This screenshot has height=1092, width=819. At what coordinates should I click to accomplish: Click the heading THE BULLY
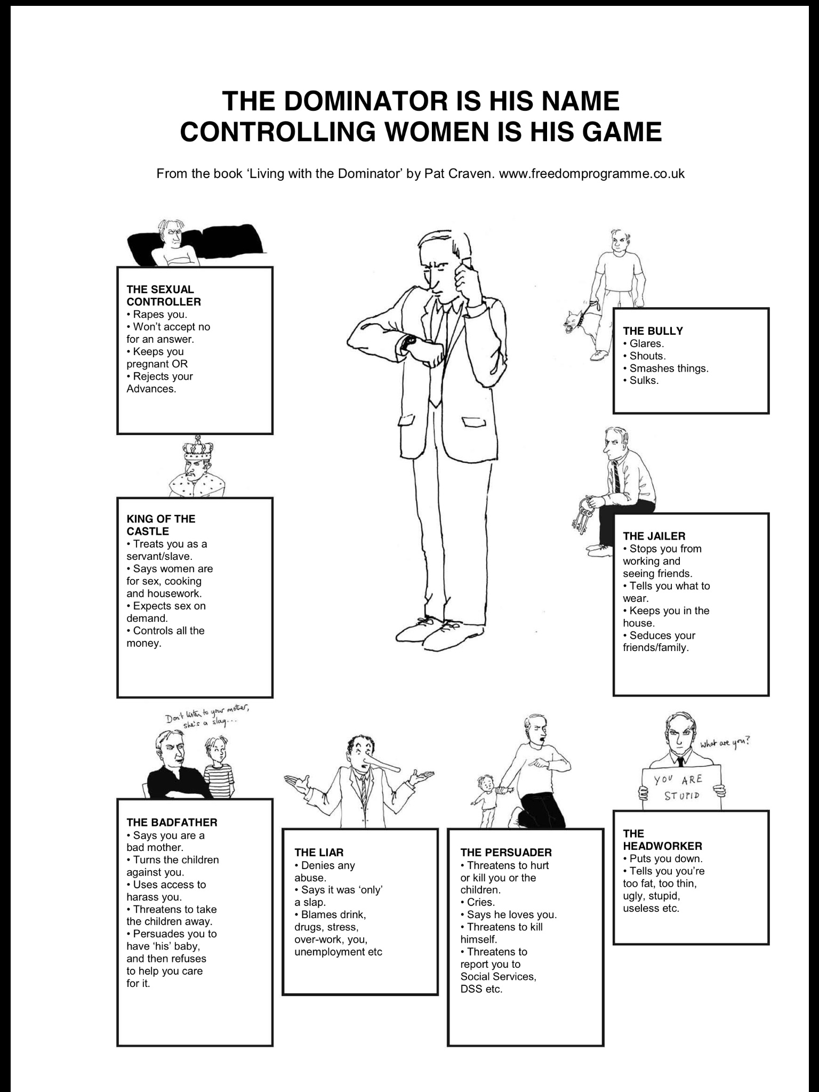[x=653, y=331]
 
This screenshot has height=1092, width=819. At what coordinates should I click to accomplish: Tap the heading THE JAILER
[x=654, y=536]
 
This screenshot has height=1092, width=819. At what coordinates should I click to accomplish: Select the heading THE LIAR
[x=319, y=853]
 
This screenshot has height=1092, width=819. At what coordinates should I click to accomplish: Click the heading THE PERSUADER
[x=506, y=853]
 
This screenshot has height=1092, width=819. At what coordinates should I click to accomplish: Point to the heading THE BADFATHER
[x=172, y=823]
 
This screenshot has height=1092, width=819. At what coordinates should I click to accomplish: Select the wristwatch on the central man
[x=409, y=341]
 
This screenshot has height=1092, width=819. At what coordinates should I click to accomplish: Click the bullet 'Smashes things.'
[x=669, y=368]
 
